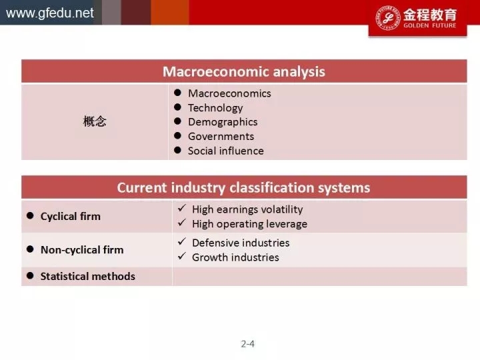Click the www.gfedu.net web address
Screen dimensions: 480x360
(49, 13)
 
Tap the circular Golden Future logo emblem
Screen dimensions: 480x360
(388, 18)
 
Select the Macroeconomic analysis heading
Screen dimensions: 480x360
(244, 71)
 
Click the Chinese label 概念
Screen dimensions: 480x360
(95, 121)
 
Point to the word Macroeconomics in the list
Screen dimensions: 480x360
(229, 93)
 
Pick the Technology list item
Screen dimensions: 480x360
(215, 108)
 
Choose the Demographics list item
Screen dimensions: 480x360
(223, 122)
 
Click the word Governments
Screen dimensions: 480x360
(221, 137)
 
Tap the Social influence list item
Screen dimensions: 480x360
(225, 151)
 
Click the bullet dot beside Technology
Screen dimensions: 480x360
(177, 107)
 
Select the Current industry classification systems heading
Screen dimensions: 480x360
(243, 187)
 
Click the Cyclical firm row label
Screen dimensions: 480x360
(71, 217)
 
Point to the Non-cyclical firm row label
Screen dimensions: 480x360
(82, 250)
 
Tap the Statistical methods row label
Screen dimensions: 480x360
(87, 277)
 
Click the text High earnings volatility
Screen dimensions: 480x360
(247, 210)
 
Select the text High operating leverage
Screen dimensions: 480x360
(249, 224)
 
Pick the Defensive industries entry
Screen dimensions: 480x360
(241, 243)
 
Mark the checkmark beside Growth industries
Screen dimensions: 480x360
(182, 256)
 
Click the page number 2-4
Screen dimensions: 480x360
(247, 344)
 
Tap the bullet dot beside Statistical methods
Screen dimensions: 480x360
(30, 275)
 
